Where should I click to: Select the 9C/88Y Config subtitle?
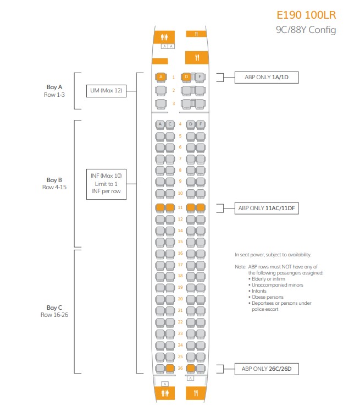click(306, 30)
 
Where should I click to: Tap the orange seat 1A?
click(161, 77)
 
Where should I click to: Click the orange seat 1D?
click(187, 77)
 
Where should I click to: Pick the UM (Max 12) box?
click(107, 90)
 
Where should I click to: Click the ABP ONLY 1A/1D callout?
click(266, 78)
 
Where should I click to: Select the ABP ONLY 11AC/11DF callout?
click(267, 209)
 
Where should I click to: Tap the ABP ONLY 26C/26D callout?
click(267, 369)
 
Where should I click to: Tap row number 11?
click(180, 208)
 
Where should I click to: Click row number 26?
click(180, 368)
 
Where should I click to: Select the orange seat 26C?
click(170, 368)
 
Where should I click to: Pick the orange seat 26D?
click(191, 368)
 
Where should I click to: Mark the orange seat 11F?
click(201, 208)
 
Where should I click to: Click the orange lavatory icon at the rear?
click(164, 393)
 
